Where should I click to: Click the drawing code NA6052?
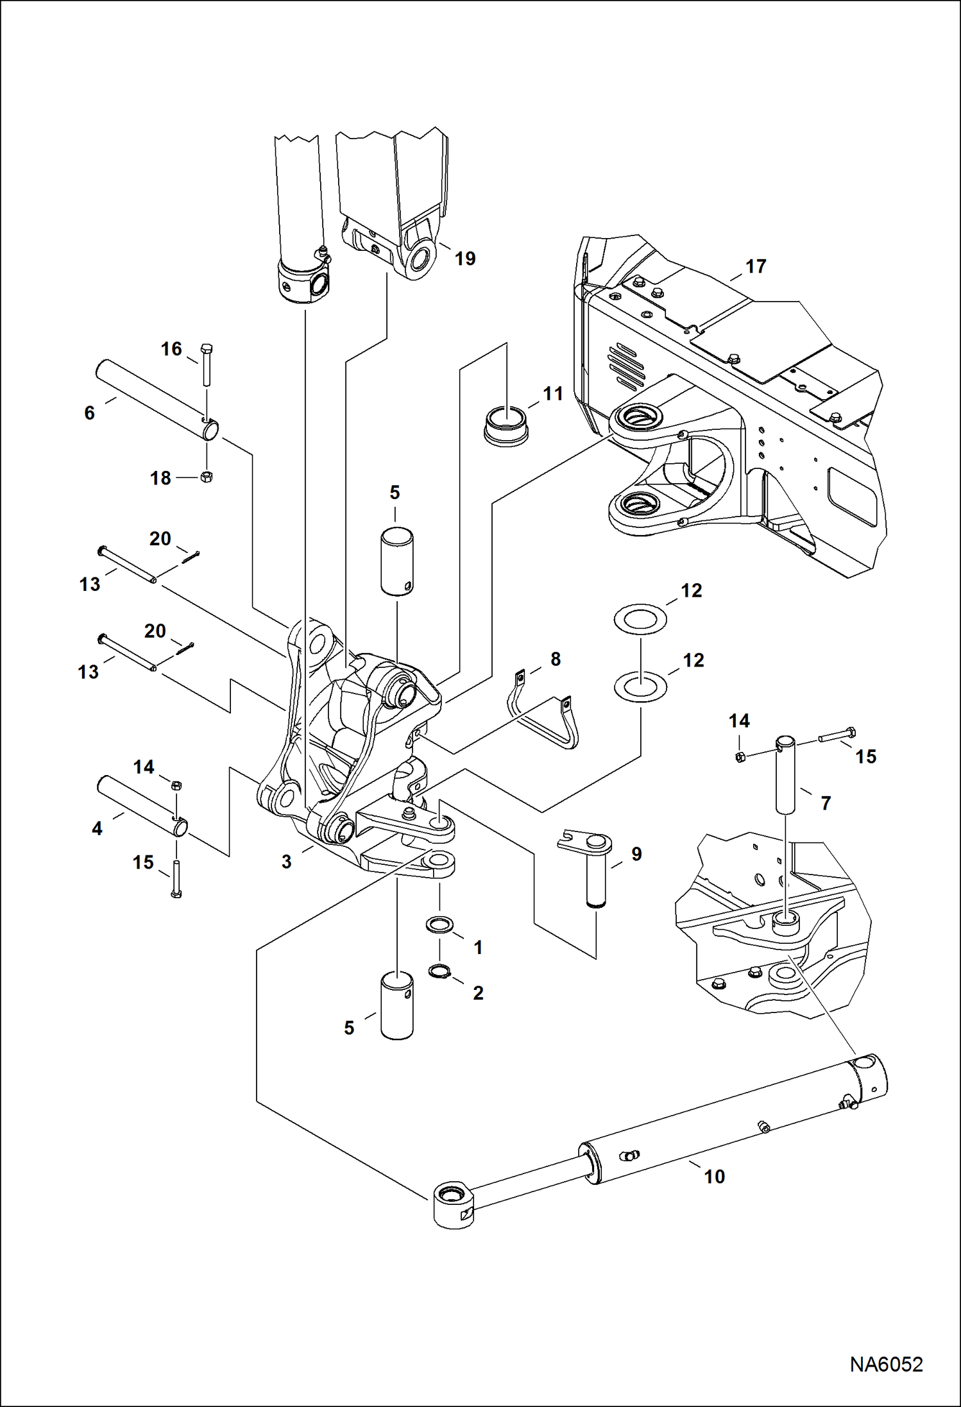tap(886, 1364)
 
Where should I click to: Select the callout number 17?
tap(756, 266)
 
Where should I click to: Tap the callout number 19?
tap(465, 259)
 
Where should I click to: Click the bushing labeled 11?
tap(506, 425)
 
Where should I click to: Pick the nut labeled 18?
tap(207, 477)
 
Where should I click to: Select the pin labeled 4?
tap(142, 806)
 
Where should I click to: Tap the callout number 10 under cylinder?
tap(714, 1176)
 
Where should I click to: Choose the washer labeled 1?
tap(439, 925)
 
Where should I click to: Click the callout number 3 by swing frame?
tap(286, 862)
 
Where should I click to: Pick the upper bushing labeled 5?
tap(396, 559)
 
